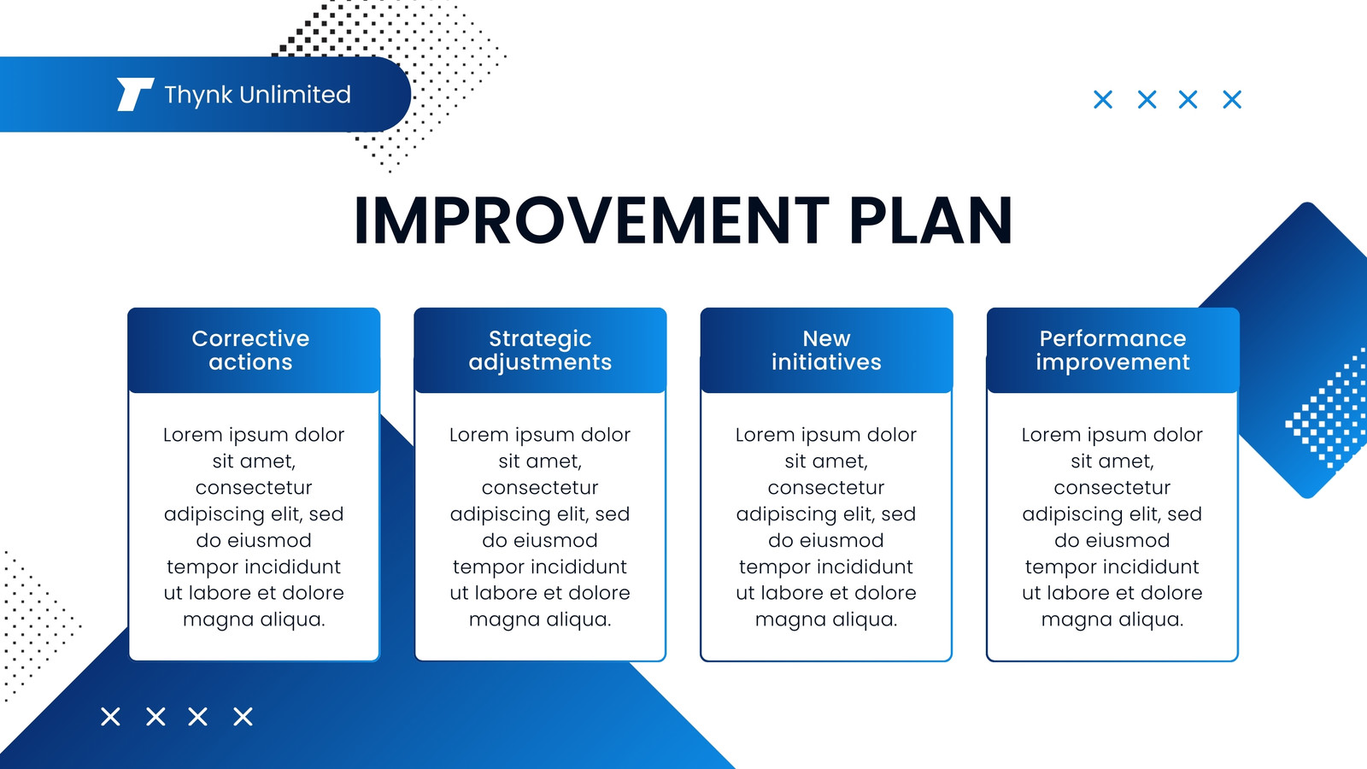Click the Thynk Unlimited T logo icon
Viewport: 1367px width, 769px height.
(x=135, y=95)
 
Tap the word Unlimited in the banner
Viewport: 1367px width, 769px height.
(x=295, y=95)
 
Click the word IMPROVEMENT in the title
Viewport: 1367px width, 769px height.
(x=591, y=220)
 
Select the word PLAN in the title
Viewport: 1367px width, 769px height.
(x=930, y=220)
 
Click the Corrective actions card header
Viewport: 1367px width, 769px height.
(x=254, y=350)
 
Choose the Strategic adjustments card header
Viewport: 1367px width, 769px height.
(x=540, y=350)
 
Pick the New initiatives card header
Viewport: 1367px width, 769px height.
(x=826, y=350)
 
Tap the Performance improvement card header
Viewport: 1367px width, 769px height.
(x=1112, y=350)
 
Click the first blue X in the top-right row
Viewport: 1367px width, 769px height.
(x=1103, y=99)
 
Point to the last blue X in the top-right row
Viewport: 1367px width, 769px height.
(x=1232, y=99)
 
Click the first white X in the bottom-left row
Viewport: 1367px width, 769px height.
(x=110, y=717)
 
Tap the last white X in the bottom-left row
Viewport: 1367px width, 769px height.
(x=243, y=717)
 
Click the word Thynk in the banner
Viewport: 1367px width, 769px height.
(x=198, y=96)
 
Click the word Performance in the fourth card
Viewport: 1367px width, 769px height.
(x=1112, y=338)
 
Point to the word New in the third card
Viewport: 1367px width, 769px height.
(x=826, y=338)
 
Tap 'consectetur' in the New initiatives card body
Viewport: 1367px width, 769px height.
(x=826, y=488)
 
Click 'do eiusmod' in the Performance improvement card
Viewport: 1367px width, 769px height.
(x=1112, y=540)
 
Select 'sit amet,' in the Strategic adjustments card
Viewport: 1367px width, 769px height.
(x=540, y=461)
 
